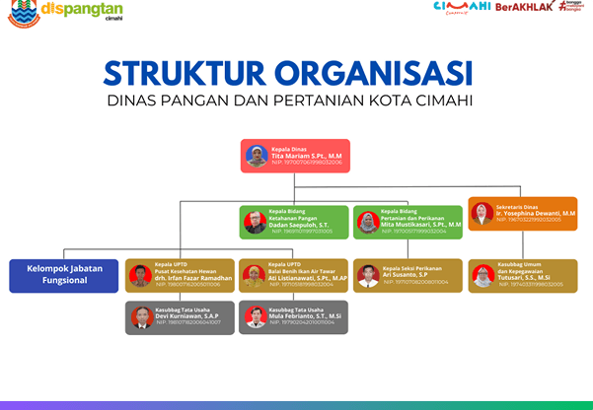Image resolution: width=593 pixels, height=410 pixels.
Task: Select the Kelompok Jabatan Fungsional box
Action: (63, 275)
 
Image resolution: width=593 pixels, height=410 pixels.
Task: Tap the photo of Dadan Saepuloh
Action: (256, 222)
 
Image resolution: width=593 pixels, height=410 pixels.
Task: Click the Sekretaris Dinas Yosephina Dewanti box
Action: (522, 214)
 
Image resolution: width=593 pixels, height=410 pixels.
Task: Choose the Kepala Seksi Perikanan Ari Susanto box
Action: (407, 275)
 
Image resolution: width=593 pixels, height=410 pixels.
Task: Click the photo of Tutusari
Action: (482, 276)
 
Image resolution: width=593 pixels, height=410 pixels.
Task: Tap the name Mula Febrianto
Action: (307, 316)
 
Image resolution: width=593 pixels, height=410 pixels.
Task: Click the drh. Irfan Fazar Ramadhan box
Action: (180, 275)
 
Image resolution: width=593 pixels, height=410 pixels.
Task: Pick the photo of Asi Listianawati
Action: (255, 276)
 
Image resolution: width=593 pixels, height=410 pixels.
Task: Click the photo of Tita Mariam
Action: (257, 156)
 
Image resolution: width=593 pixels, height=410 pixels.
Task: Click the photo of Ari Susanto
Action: (368, 276)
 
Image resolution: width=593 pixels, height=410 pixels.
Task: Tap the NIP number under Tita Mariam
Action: (307, 163)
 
